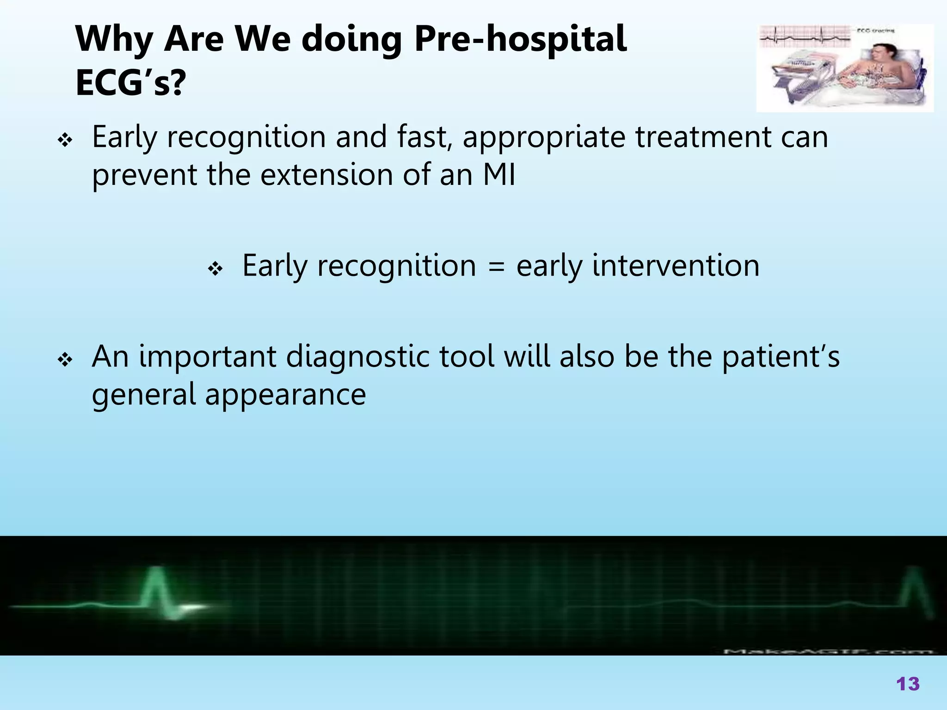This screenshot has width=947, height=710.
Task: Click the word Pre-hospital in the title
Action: click(520, 40)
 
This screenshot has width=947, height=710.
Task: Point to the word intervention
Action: click(676, 266)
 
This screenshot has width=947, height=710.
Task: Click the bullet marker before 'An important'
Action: click(65, 359)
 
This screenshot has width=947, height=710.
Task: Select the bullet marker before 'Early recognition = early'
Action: click(215, 268)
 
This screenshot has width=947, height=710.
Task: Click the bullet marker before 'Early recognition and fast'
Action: click(65, 140)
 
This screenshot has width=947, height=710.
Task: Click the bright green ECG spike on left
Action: click(155, 589)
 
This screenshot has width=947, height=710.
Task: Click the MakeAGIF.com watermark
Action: click(828, 651)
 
